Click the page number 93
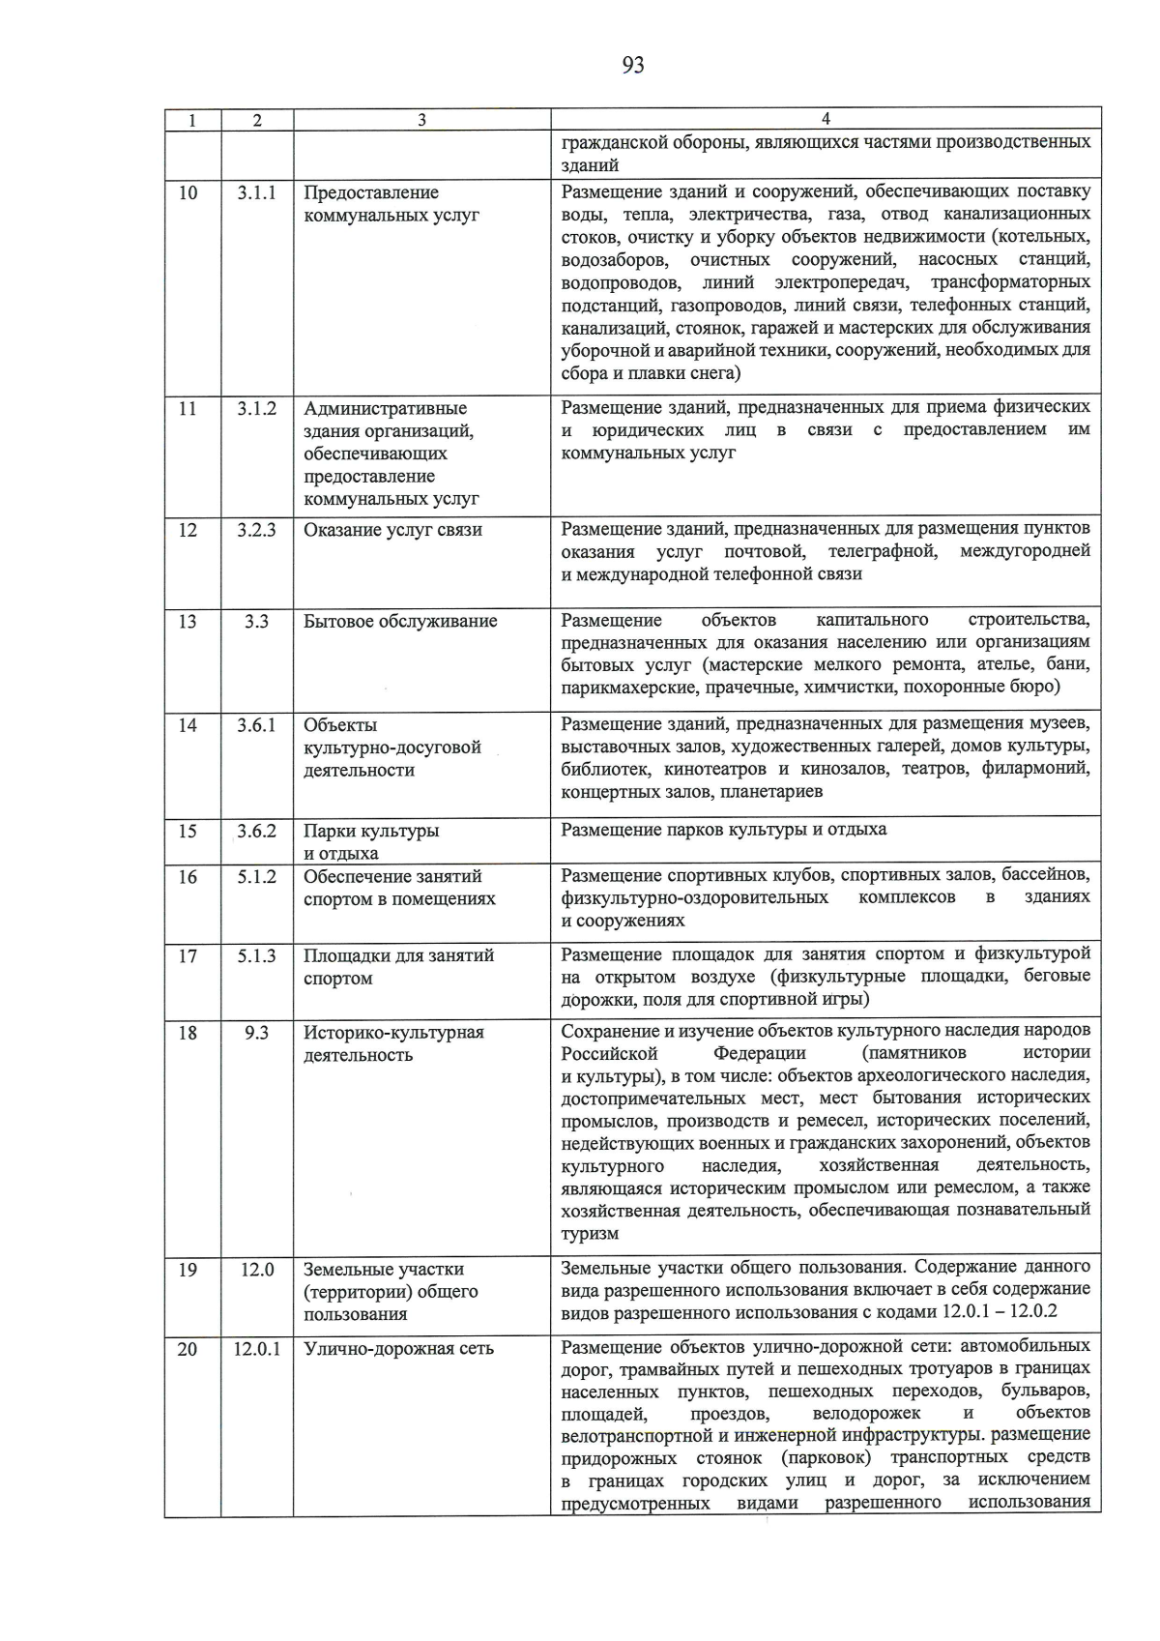click(x=633, y=65)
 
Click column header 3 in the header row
click(x=421, y=120)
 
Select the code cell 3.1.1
click(x=256, y=192)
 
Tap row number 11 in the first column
click(x=188, y=408)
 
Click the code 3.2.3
click(x=256, y=530)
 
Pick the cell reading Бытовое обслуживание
click(x=400, y=621)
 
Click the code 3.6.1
click(x=256, y=725)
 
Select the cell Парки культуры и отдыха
click(x=370, y=841)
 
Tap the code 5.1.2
click(x=256, y=876)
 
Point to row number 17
click(x=188, y=955)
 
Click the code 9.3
click(x=256, y=1033)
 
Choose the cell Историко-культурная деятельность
click(x=393, y=1043)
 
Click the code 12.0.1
click(x=256, y=1348)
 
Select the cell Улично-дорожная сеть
click(x=398, y=1348)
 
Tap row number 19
click(x=188, y=1270)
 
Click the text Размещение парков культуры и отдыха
click(x=723, y=830)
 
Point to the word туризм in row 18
click(x=590, y=1234)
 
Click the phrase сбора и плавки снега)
click(x=651, y=373)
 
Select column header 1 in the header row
click(x=192, y=120)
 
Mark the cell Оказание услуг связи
click(x=392, y=530)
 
